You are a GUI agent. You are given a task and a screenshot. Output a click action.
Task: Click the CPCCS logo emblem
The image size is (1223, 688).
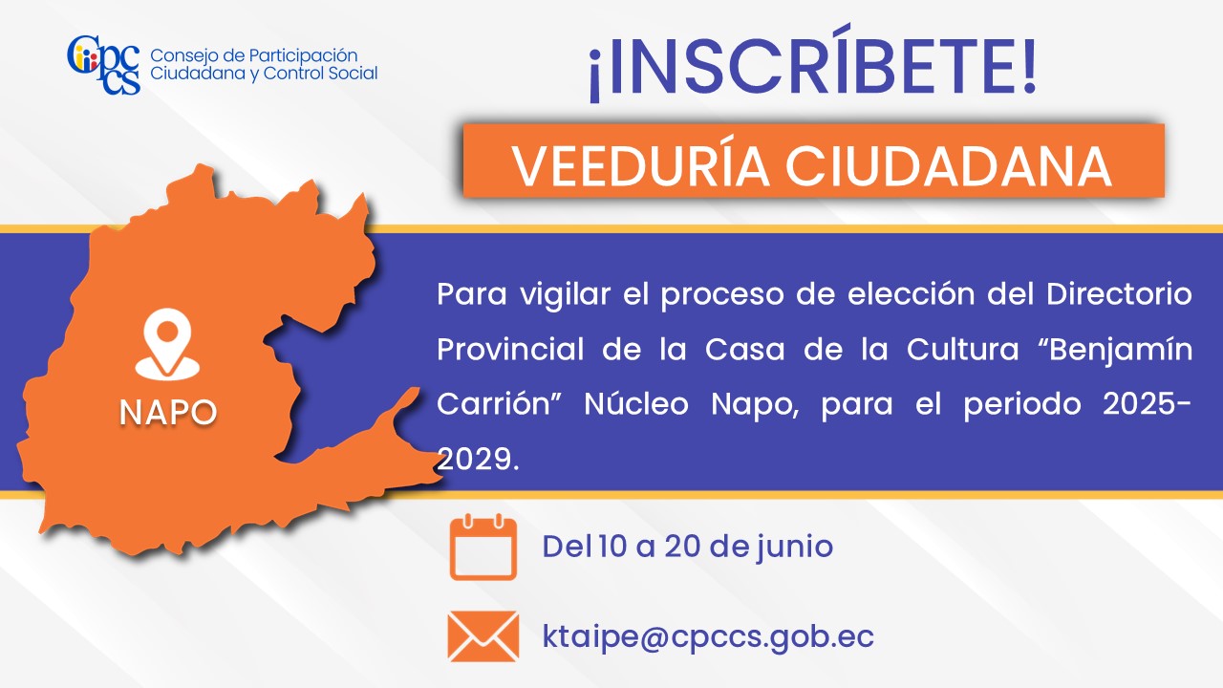pyautogui.click(x=104, y=64)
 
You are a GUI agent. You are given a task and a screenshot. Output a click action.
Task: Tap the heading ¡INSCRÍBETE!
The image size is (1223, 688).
pyautogui.click(x=812, y=64)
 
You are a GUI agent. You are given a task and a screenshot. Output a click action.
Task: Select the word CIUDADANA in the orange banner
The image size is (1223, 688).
pyautogui.click(x=949, y=166)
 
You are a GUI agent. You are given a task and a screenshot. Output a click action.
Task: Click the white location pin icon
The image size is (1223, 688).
pyautogui.click(x=167, y=344)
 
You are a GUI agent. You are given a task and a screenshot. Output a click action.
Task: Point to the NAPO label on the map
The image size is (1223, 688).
pyautogui.click(x=168, y=412)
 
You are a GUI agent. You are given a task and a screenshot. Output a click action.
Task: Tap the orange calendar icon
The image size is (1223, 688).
pyautogui.click(x=483, y=547)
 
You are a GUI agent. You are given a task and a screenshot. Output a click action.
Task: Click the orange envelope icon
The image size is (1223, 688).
pyautogui.click(x=483, y=636)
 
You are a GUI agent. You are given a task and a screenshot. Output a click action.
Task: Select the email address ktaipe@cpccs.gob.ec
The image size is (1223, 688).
pyautogui.click(x=708, y=636)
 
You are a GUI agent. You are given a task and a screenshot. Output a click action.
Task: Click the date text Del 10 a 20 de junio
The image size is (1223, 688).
pyautogui.click(x=687, y=547)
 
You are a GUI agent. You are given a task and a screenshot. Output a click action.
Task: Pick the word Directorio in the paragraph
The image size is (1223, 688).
pyautogui.click(x=1119, y=293)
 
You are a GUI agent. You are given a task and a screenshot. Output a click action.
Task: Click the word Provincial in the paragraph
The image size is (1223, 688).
pyautogui.click(x=510, y=349)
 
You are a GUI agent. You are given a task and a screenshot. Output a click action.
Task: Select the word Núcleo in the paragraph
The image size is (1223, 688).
pyautogui.click(x=636, y=404)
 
